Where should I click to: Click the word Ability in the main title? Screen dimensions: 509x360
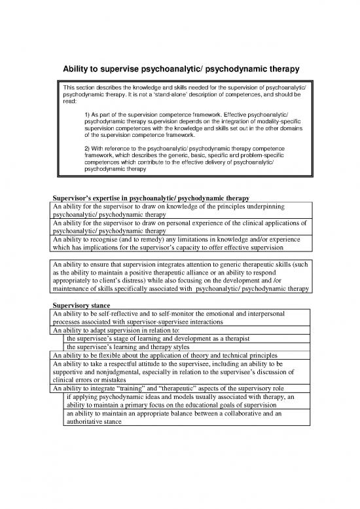tap(77, 68)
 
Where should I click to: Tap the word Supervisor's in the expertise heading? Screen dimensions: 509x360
tap(74, 198)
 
